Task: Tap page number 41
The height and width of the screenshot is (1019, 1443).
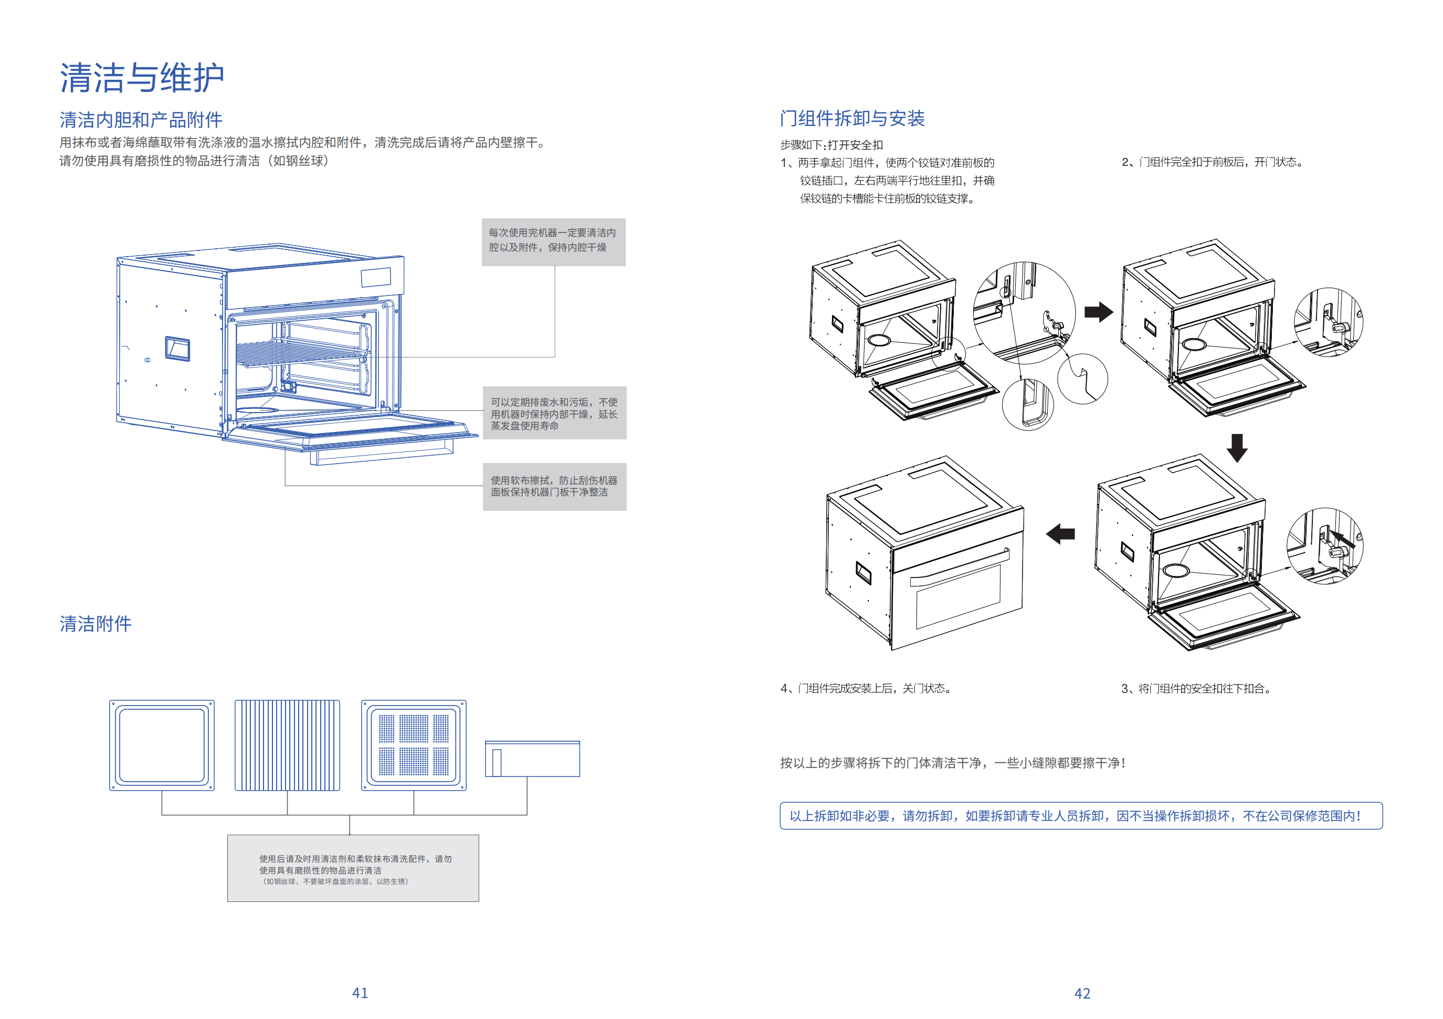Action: (x=360, y=993)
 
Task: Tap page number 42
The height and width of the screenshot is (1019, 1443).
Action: (x=1082, y=993)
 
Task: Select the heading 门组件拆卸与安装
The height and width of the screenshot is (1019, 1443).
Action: (x=852, y=118)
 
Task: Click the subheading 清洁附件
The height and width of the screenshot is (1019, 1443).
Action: (x=96, y=624)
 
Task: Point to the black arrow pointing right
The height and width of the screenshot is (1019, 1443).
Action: (x=1098, y=312)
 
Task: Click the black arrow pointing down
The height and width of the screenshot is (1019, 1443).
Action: (x=1237, y=448)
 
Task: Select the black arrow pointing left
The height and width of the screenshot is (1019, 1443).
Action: (x=1060, y=534)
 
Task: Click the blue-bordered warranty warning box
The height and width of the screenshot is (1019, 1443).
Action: (x=1080, y=815)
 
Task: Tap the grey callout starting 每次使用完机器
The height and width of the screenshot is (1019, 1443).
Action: (x=553, y=242)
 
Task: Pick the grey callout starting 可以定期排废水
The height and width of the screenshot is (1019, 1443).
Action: (x=554, y=413)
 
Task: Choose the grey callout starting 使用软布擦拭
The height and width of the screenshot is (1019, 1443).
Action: (x=554, y=487)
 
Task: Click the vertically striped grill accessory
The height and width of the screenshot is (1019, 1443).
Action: (x=287, y=745)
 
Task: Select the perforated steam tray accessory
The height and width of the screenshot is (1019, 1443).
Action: (x=414, y=745)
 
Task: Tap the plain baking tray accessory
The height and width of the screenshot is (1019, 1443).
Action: (x=162, y=745)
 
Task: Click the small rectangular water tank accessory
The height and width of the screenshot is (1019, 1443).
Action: (x=532, y=759)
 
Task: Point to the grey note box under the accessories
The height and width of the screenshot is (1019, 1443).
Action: (x=353, y=868)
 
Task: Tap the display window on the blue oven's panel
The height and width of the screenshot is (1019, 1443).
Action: (x=376, y=277)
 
